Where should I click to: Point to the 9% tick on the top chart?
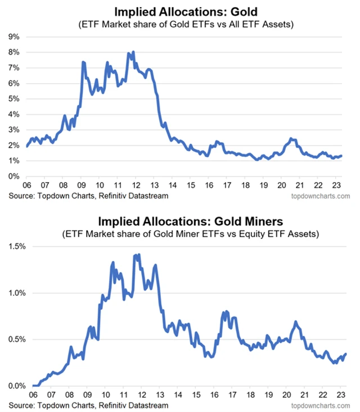(x=13, y=37)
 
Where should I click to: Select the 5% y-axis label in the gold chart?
(x=13, y=99)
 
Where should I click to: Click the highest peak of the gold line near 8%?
(x=133, y=52)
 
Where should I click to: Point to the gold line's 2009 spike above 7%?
(x=83, y=62)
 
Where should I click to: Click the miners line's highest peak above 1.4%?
(x=138, y=255)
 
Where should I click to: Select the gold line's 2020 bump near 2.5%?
(x=291, y=138)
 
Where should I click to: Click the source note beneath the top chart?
(x=89, y=196)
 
